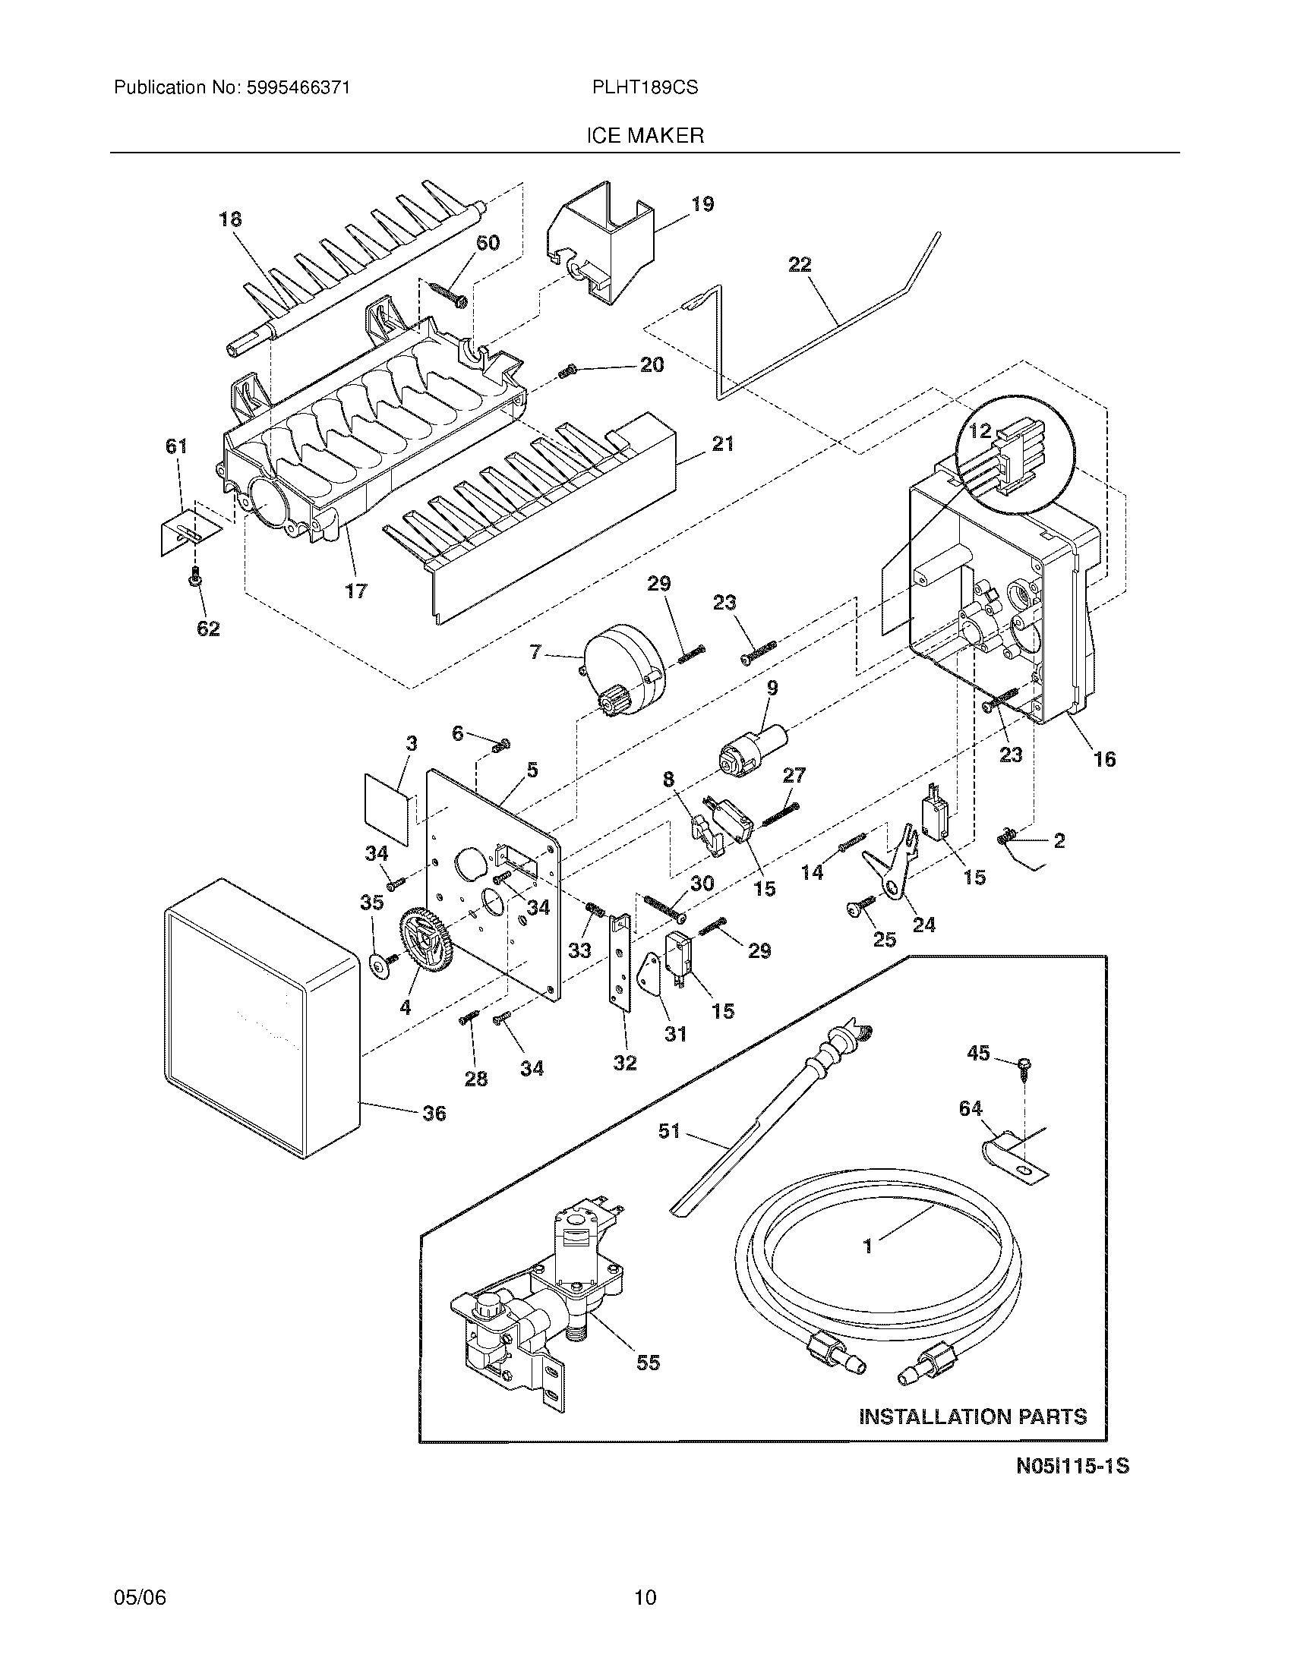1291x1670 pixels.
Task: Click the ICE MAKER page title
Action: tap(645, 136)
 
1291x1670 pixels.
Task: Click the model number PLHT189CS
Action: tap(644, 88)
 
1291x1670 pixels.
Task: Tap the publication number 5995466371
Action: tap(298, 88)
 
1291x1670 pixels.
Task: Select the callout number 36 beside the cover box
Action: tap(434, 1114)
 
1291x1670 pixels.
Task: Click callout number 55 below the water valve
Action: tap(648, 1363)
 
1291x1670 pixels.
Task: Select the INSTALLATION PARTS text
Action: tap(973, 1417)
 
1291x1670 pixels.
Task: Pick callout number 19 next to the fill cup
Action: tap(702, 204)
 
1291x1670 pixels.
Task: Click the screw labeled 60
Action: tap(450, 295)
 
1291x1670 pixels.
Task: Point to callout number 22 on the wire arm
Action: tap(800, 265)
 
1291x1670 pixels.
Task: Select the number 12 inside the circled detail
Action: tap(980, 431)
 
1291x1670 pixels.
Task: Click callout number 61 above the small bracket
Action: tap(177, 446)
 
